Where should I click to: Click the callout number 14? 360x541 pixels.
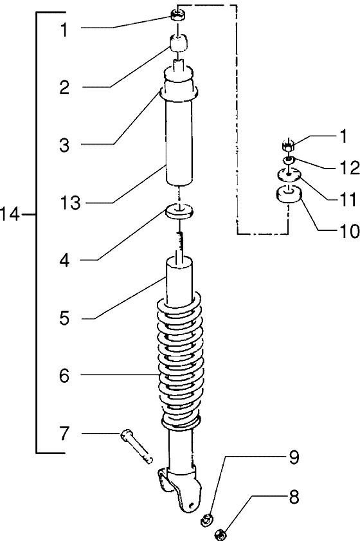tap(10, 215)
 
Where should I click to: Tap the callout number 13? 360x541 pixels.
tap(70, 203)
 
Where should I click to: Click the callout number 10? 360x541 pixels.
tap(349, 231)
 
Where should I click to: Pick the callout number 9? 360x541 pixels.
tap(293, 457)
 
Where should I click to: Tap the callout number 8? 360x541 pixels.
tap(293, 498)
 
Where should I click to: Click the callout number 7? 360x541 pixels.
tap(64, 434)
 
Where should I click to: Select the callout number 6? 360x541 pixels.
tap(64, 376)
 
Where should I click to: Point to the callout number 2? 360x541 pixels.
tap(64, 87)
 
